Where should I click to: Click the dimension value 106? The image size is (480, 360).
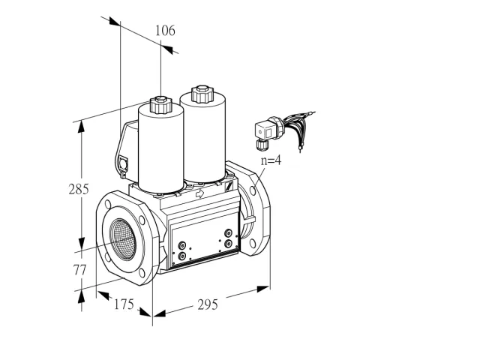165,31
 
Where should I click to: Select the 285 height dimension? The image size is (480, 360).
79,189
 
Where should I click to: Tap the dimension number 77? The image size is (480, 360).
79,270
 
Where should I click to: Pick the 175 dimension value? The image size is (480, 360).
124,304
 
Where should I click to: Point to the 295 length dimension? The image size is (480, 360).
208,304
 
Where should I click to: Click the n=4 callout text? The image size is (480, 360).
271,160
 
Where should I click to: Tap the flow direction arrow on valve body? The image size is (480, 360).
200,193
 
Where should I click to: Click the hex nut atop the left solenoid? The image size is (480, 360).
160,104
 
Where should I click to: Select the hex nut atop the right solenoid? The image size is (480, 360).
202,94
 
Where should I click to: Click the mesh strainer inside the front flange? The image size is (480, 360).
123,239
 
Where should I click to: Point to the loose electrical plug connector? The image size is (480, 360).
265,132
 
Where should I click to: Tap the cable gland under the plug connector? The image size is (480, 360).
262,144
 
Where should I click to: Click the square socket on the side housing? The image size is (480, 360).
123,163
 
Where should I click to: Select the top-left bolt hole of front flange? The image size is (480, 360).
108,205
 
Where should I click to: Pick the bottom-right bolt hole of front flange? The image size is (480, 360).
142,273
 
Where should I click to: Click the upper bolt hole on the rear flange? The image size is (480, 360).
253,190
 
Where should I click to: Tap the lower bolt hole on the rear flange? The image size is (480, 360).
253,244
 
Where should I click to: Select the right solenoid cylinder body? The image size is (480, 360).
203,138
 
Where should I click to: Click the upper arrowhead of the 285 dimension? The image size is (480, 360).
81,127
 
